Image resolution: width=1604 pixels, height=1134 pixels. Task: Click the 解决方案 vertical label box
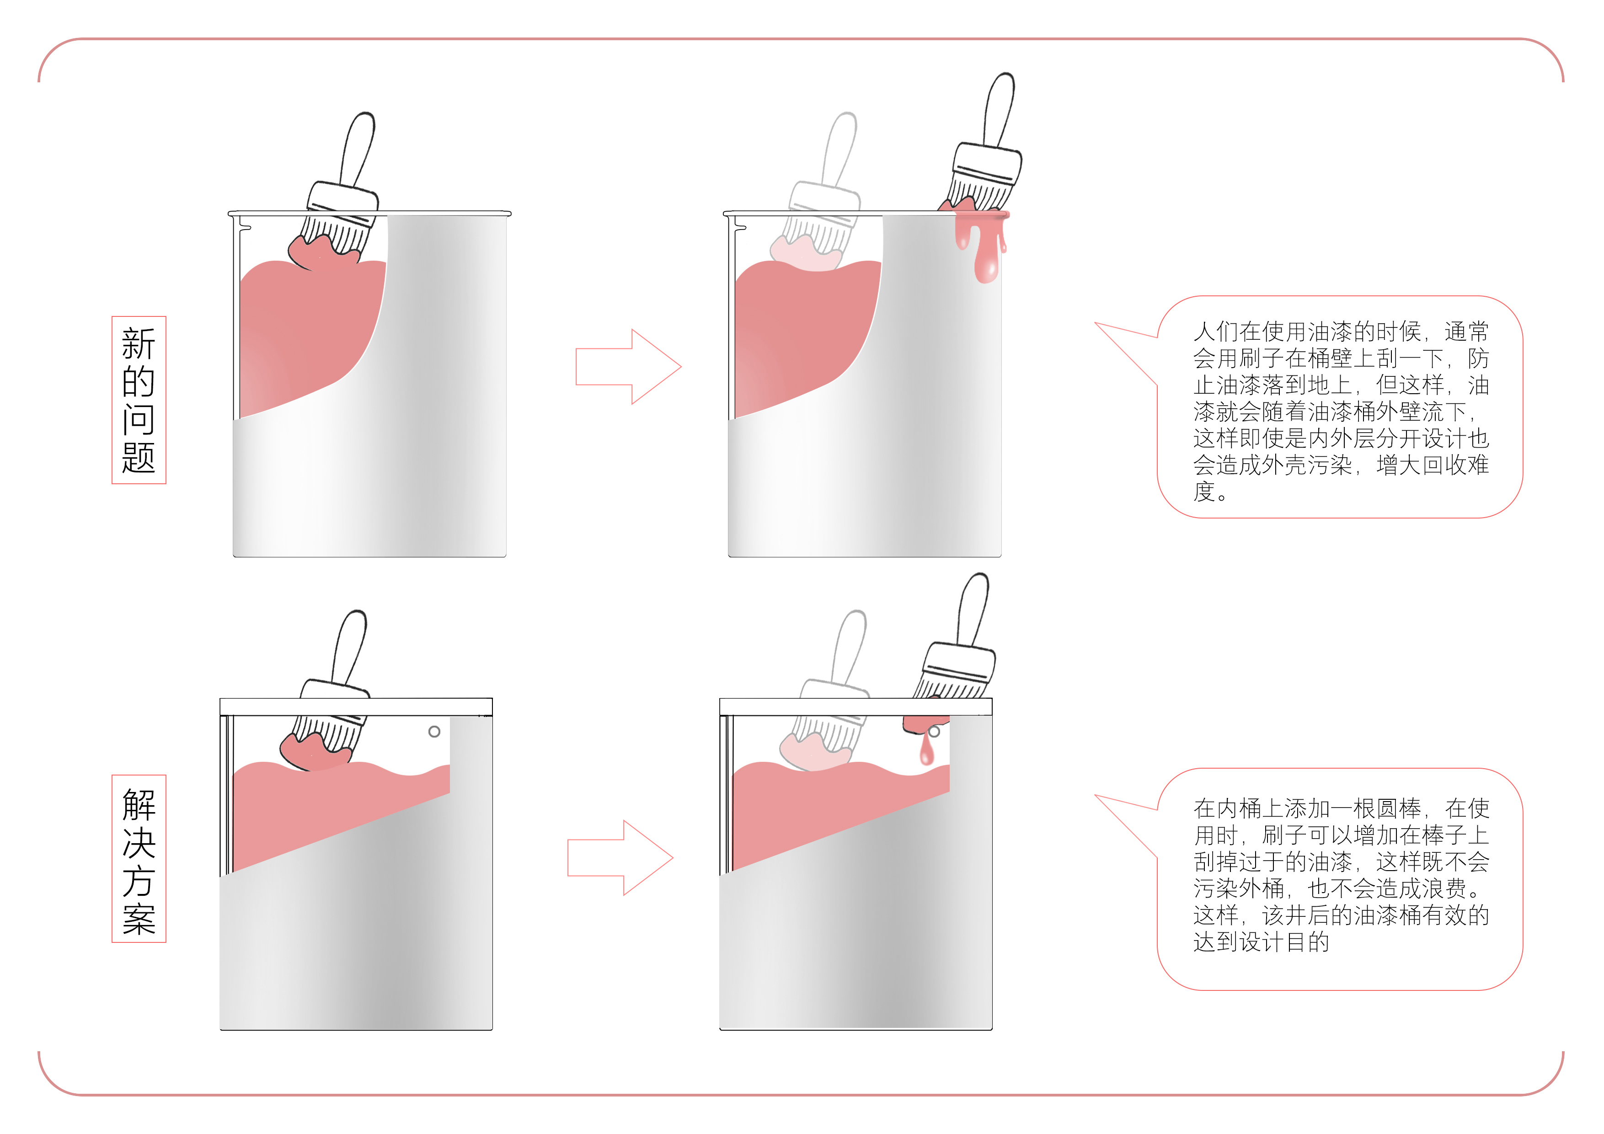(x=139, y=859)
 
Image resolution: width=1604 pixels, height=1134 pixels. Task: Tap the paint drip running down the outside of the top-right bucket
(x=985, y=251)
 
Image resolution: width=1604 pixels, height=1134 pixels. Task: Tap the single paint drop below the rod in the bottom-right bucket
(x=926, y=753)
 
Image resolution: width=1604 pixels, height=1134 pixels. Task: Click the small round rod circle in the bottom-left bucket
(x=434, y=732)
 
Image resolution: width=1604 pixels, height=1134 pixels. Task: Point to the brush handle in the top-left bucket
(x=358, y=149)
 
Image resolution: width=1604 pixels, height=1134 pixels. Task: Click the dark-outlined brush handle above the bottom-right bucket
(x=973, y=608)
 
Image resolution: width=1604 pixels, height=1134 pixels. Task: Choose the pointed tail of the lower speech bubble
(x=1118, y=811)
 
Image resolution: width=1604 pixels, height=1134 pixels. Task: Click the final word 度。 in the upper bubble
(x=1210, y=492)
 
